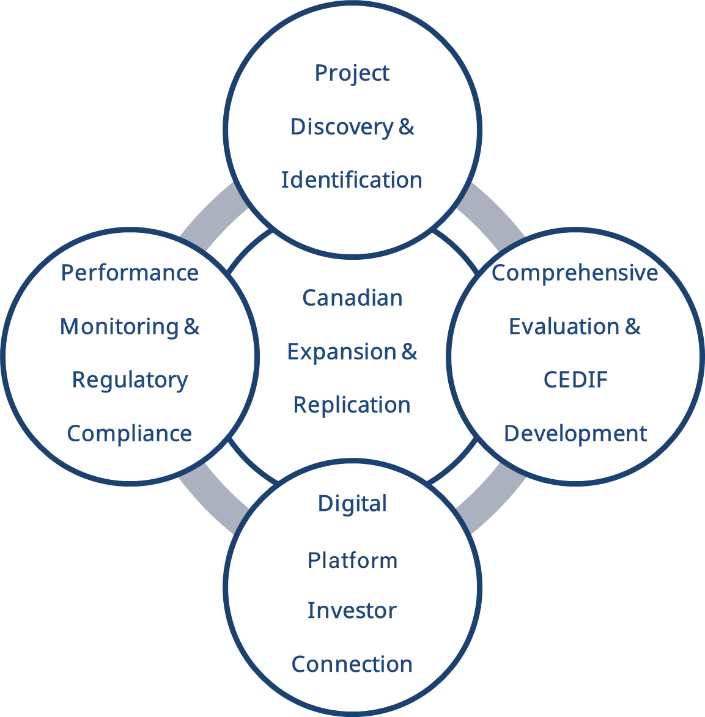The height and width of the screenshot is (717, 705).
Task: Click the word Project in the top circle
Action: [x=352, y=73]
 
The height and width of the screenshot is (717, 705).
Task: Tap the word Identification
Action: [x=352, y=180]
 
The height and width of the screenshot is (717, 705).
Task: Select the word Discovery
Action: [x=341, y=127]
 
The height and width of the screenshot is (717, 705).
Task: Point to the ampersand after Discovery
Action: [x=407, y=127]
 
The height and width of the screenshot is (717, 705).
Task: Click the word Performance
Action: [x=130, y=273]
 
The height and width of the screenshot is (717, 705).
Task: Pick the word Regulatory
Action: [x=130, y=380]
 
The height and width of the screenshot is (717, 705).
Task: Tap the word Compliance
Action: [x=130, y=433]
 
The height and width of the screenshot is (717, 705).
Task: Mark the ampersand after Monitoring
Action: [x=192, y=326]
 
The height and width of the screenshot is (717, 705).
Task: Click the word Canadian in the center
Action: [x=352, y=298]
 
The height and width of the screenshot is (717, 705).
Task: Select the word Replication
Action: [x=352, y=405]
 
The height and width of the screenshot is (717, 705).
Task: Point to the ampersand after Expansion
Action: [x=410, y=352]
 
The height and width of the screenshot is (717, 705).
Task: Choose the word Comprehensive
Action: [x=575, y=273]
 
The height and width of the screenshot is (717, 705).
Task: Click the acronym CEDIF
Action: [x=575, y=380]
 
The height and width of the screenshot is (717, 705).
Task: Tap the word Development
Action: [x=575, y=433]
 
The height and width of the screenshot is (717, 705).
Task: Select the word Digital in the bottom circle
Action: [x=352, y=504]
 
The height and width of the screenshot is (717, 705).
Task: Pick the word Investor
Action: [x=352, y=610]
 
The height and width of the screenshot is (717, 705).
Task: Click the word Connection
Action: [x=352, y=664]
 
